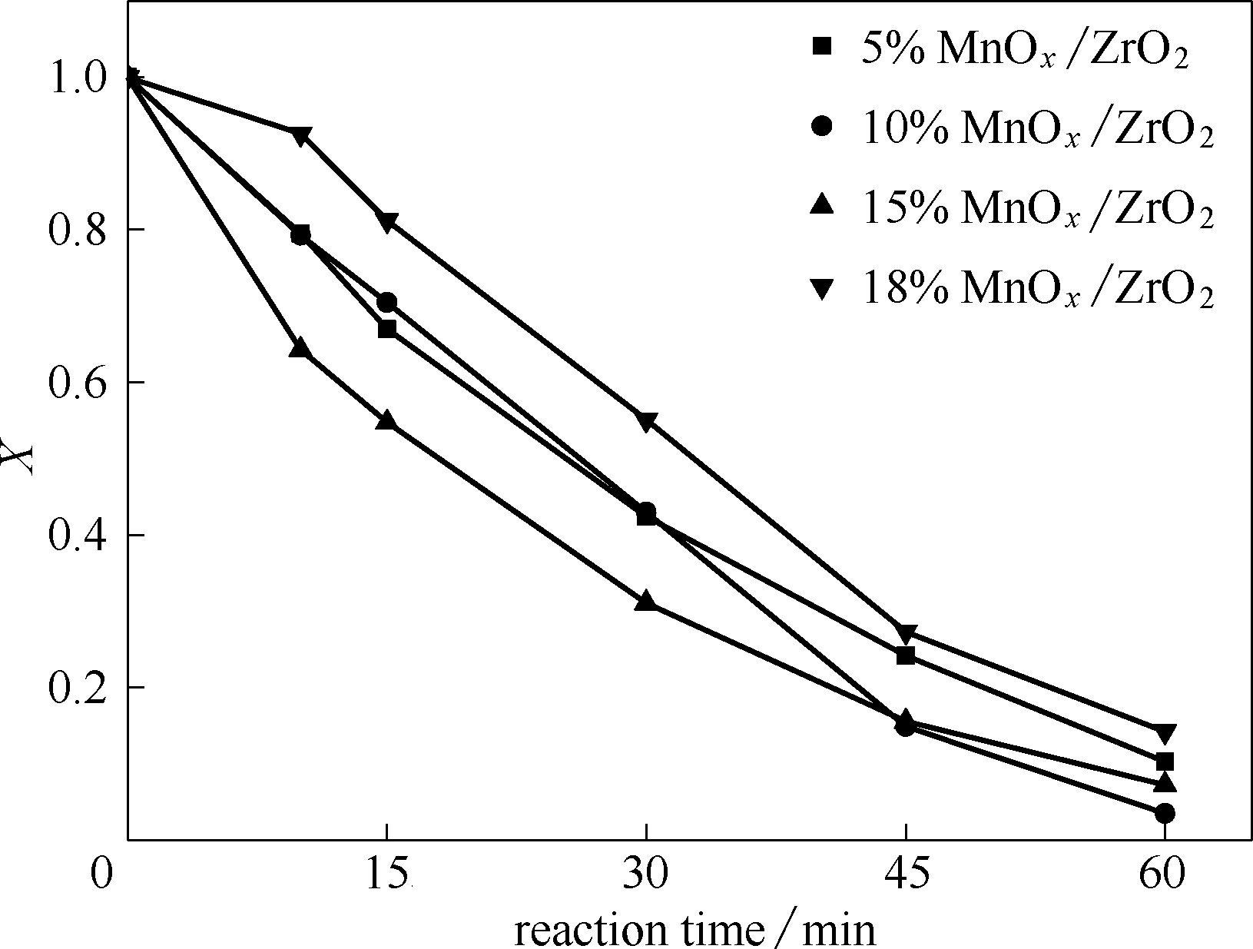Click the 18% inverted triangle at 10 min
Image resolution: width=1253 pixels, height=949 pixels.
300,136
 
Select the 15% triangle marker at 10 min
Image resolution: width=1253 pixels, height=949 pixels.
300,348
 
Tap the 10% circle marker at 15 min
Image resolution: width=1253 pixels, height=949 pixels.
387,303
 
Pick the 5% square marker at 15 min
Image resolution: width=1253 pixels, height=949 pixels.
387,329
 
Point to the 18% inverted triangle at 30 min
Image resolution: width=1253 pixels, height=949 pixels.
646,421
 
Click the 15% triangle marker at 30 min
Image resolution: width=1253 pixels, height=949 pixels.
646,601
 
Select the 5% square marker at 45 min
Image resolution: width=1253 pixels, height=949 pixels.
906,655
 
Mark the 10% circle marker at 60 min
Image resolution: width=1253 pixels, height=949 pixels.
1165,813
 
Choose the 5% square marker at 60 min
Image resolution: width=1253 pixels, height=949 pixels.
1165,762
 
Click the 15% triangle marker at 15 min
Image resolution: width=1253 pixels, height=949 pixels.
387,420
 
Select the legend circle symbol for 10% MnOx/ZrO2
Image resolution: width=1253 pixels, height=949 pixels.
821,125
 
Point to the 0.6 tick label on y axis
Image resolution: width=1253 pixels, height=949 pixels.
76,383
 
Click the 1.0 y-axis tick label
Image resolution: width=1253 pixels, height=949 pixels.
76,78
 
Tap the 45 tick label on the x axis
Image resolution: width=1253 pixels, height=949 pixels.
906,875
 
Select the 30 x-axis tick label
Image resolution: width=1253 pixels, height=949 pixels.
646,875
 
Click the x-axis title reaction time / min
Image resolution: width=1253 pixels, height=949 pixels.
694,929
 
